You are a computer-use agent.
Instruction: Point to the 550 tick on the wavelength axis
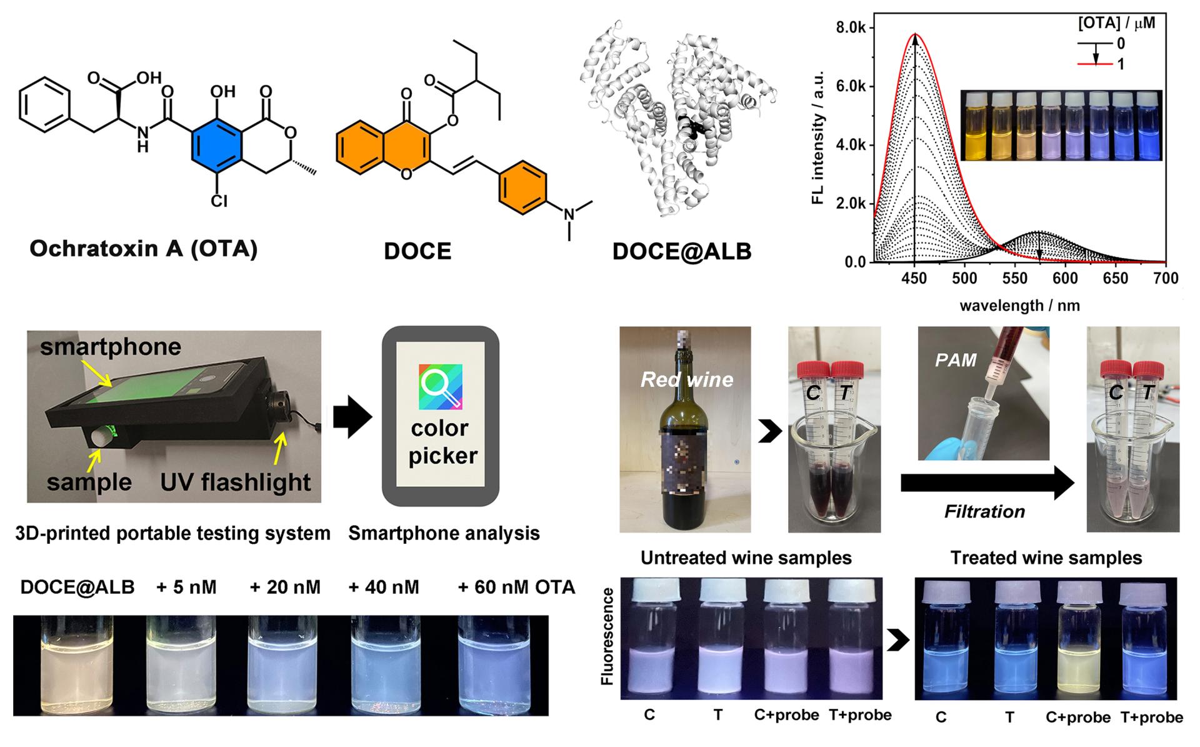[1015, 278]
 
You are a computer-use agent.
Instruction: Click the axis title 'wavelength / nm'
[1019, 306]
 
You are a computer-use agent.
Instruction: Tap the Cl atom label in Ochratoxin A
[219, 201]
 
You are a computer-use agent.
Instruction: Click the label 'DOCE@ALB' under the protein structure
[681, 251]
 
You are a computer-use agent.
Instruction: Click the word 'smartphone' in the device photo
[111, 347]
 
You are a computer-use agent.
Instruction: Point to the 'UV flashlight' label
[236, 482]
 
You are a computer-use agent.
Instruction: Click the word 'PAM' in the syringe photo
[956, 359]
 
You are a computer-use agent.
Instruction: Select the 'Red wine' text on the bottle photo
[687, 379]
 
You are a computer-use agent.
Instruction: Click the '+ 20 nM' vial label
[285, 587]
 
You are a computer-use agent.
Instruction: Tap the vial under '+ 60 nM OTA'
[503, 666]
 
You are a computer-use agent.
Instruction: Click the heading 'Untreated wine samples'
[746, 558]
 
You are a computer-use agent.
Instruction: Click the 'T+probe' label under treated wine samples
[1151, 717]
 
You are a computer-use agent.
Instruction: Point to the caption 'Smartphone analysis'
[444, 533]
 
